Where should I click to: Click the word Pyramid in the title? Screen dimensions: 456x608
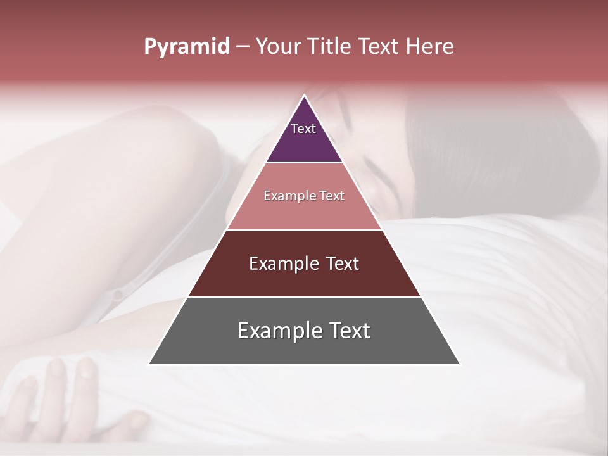point(187,47)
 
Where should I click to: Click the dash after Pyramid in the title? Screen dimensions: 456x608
point(242,47)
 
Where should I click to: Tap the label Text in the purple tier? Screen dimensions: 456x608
point(303,129)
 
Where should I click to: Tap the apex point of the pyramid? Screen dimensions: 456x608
point(304,96)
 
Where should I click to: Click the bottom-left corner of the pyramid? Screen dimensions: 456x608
point(149,364)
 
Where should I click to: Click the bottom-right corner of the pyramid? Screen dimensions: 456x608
point(459,364)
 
